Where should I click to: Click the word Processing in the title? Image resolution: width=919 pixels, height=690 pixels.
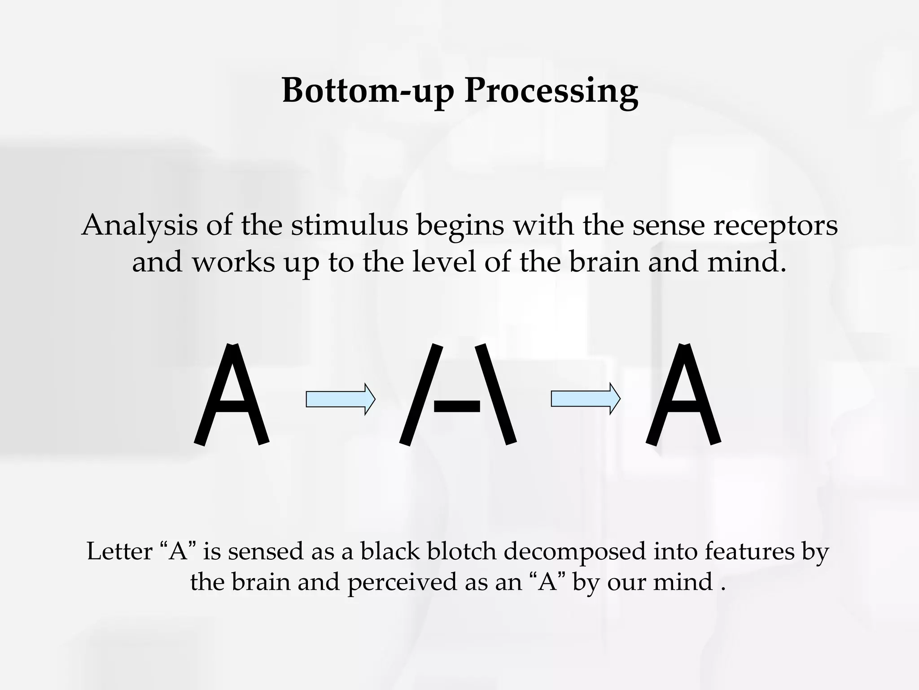pos(551,91)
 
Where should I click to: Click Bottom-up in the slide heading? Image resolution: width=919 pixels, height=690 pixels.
pos(368,91)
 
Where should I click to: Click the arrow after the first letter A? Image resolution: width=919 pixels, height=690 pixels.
pos(340,399)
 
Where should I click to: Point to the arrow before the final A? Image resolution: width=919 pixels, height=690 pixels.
pos(585,399)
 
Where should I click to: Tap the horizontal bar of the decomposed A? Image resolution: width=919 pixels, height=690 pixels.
pos(457,407)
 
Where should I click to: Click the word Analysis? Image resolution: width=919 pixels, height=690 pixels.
pos(140,226)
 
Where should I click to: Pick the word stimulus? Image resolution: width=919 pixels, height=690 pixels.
pos(349,226)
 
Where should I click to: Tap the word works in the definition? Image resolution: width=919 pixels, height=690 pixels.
pos(233,262)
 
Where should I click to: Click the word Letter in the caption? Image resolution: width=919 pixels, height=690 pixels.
pos(119,551)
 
